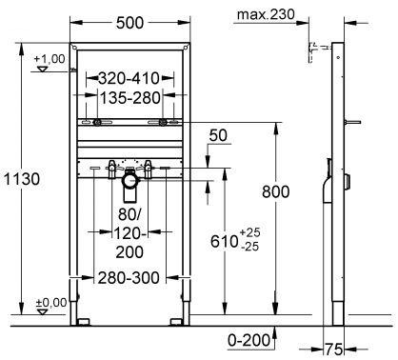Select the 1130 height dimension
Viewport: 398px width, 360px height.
[x=21, y=180]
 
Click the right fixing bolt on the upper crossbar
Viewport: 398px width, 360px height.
[x=164, y=123]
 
